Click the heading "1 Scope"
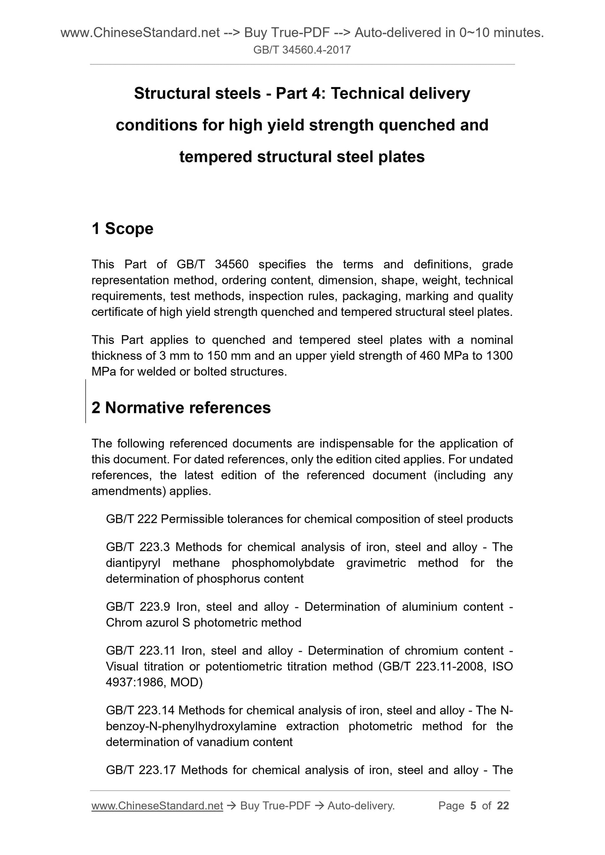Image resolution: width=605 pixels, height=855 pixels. [x=122, y=229]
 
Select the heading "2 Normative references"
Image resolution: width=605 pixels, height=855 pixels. [x=181, y=407]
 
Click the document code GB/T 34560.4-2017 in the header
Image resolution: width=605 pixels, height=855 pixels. [x=302, y=51]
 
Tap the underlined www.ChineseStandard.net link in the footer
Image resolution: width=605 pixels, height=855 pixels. [x=157, y=806]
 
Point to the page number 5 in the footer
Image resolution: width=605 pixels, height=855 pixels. [x=473, y=806]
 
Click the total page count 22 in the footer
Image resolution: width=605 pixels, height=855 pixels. [x=503, y=806]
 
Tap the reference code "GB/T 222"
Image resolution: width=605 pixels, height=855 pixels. [x=131, y=519]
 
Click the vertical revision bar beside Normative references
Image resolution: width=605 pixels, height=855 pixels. [x=86, y=401]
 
